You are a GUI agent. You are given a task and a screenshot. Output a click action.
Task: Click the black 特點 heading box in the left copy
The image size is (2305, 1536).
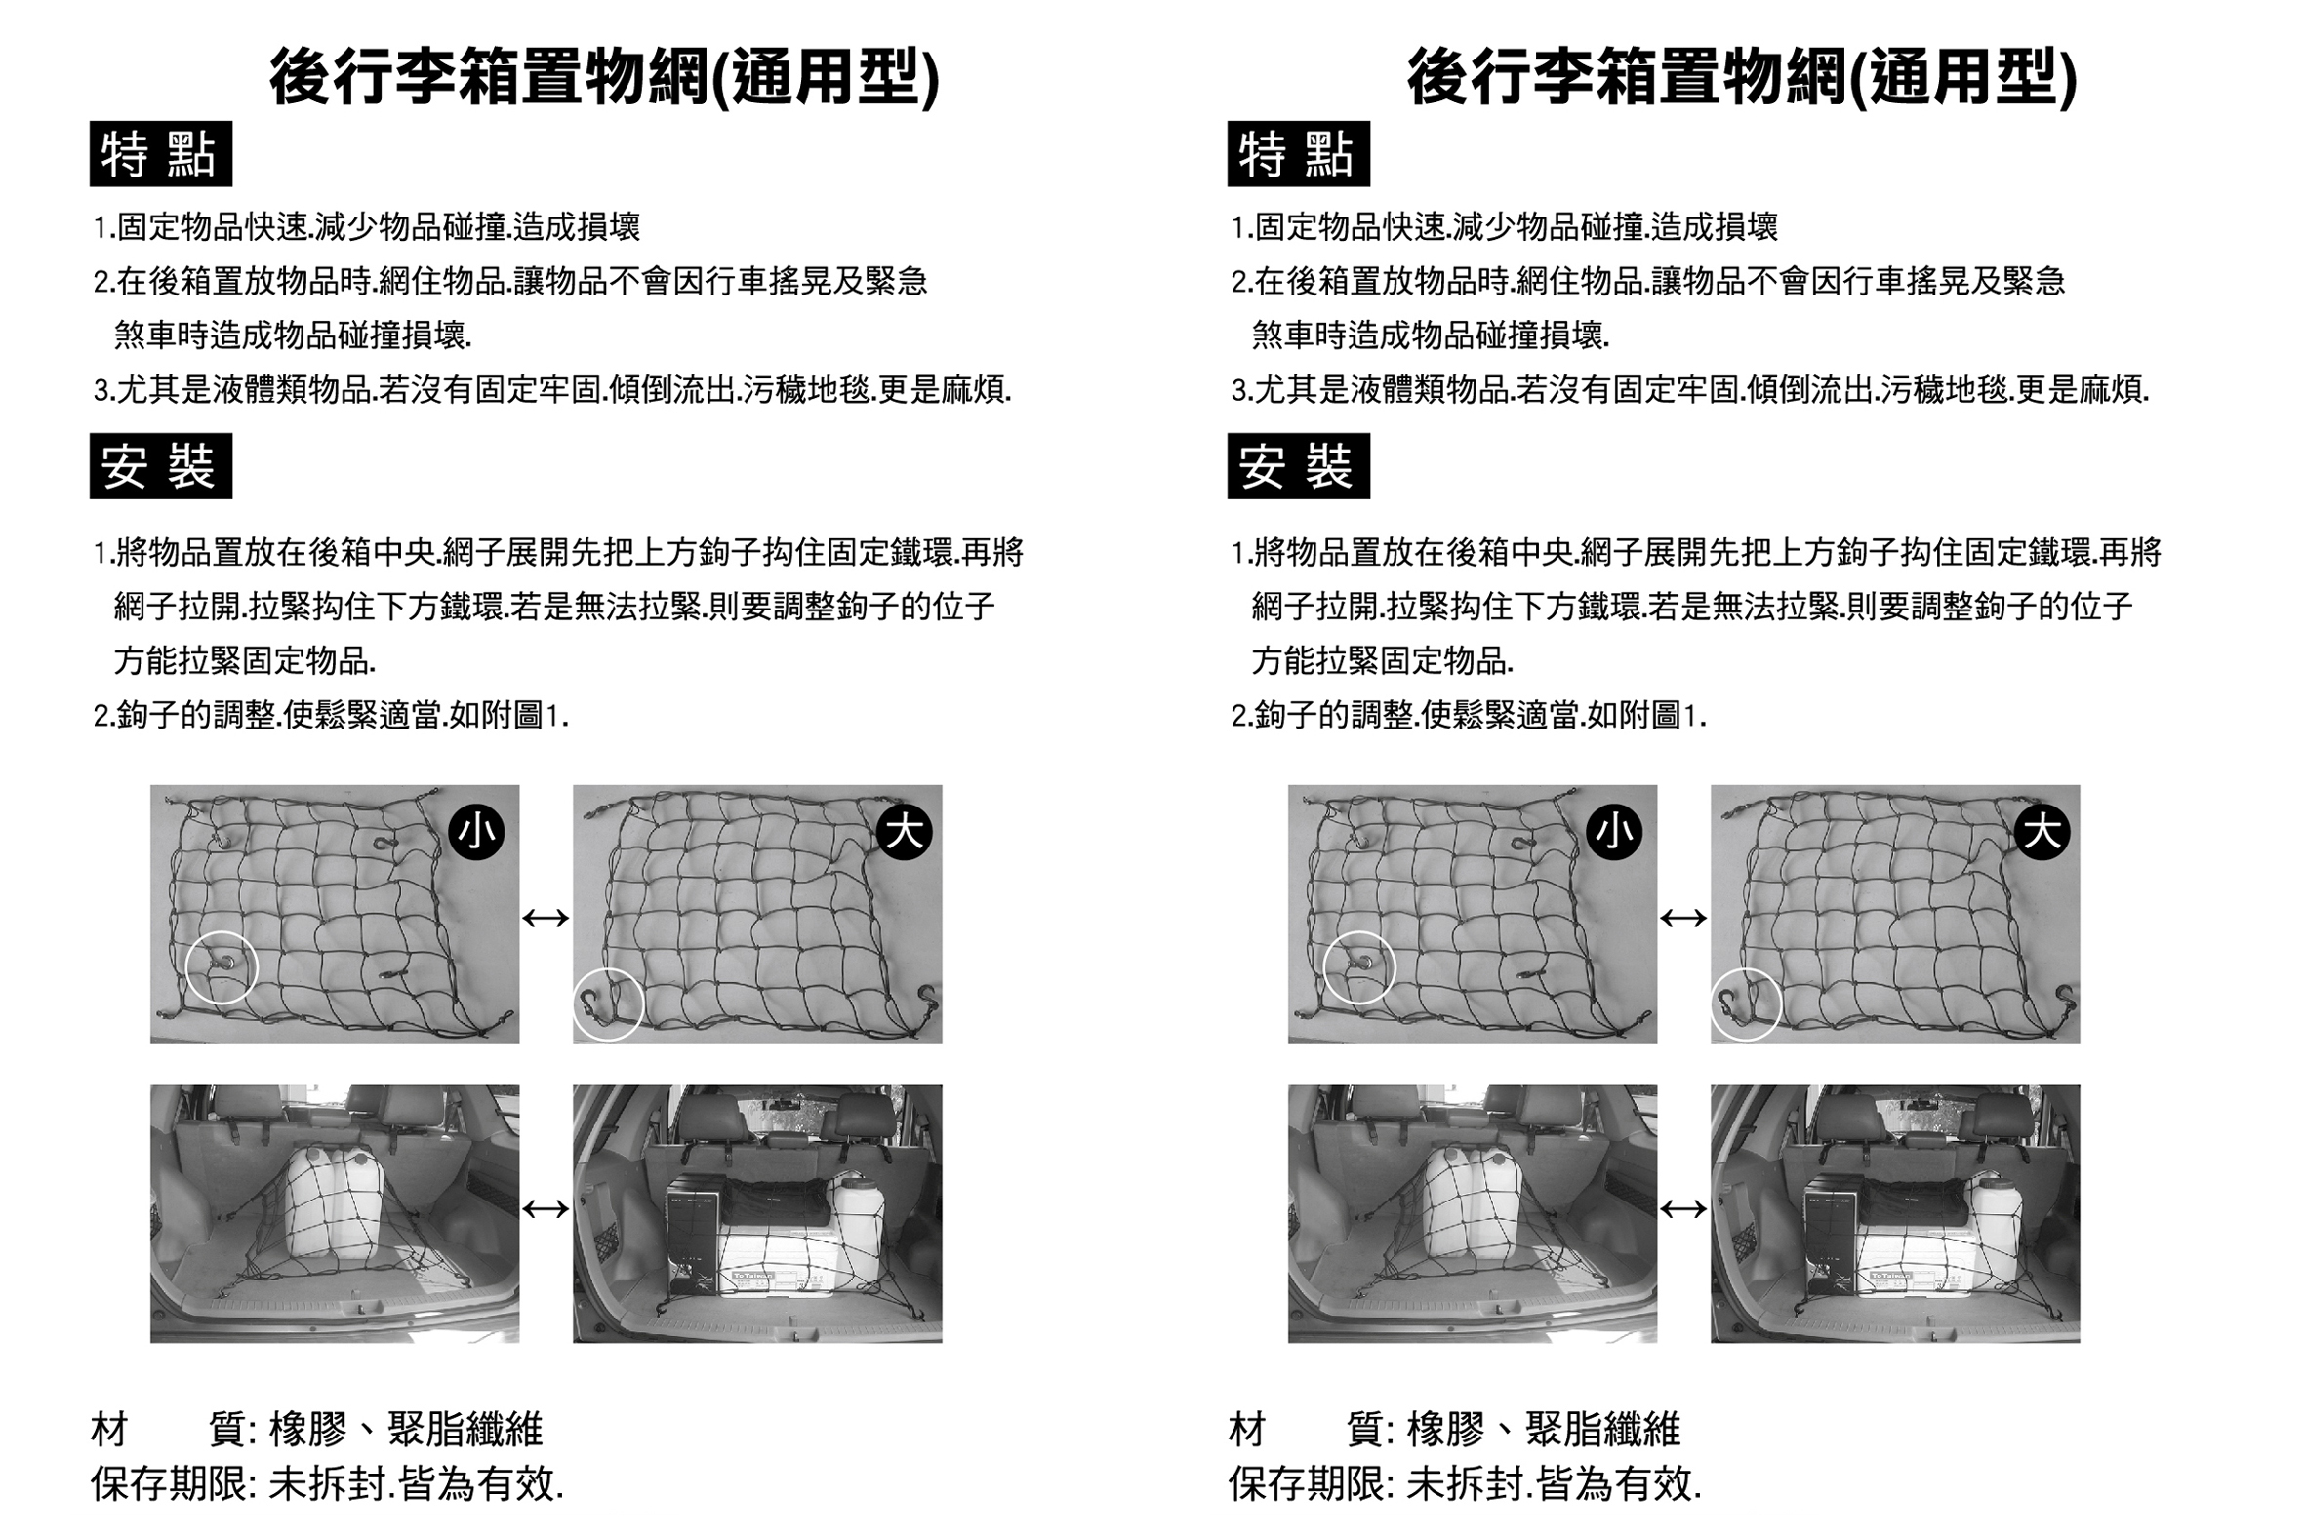point(161,154)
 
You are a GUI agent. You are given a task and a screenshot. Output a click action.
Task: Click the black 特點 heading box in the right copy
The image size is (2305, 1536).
point(1299,154)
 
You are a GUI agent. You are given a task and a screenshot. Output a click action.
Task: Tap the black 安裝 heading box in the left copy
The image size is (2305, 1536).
point(161,466)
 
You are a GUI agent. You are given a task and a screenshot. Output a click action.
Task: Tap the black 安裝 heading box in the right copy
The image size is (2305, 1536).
point(1299,466)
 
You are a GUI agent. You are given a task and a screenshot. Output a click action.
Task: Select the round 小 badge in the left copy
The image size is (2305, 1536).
point(476,832)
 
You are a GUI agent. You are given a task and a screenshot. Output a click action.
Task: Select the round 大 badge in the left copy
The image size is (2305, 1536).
point(904,832)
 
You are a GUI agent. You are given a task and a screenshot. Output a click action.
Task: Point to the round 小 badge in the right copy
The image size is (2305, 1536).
point(1614,832)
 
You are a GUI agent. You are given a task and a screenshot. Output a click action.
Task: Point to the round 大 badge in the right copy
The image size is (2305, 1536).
point(2042,832)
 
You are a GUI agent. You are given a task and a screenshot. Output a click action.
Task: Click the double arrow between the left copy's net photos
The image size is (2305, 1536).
point(546,918)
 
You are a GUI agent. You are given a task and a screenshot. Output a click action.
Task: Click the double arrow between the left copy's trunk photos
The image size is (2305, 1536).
point(546,1210)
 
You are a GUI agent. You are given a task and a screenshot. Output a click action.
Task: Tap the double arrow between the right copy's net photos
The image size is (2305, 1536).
point(1683,918)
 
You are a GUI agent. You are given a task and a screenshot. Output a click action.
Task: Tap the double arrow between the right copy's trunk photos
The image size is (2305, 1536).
point(1683,1210)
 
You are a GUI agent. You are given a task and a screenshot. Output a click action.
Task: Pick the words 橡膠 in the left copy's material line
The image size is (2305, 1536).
point(307,1430)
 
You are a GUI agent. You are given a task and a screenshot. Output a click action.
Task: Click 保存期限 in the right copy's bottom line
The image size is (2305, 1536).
point(1307,1484)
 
